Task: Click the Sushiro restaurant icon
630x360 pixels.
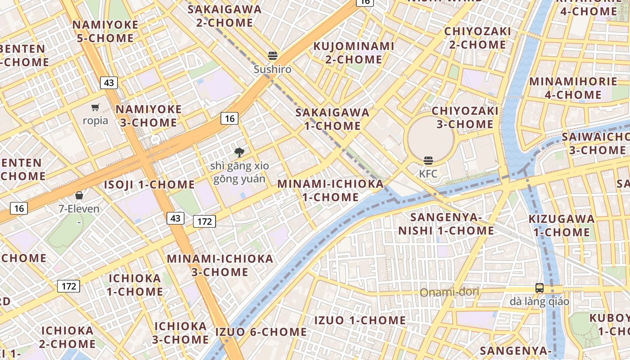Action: pyautogui.click(x=272, y=56)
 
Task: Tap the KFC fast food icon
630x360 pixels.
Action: pyautogui.click(x=428, y=160)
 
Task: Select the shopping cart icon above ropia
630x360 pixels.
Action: pyautogui.click(x=95, y=107)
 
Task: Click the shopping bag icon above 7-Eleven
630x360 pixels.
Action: pyautogui.click(x=79, y=195)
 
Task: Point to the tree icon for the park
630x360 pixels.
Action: pyautogui.click(x=239, y=152)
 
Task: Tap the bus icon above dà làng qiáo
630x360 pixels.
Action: pyautogui.click(x=539, y=288)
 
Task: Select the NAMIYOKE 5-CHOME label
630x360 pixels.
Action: pyautogui.click(x=105, y=31)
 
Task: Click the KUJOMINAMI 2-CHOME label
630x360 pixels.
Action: pyautogui.click(x=354, y=53)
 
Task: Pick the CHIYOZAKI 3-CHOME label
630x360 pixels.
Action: pyautogui.click(x=465, y=117)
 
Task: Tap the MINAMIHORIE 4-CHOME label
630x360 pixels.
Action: pyautogui.click(x=573, y=88)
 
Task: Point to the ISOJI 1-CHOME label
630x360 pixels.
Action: pyautogui.click(x=149, y=184)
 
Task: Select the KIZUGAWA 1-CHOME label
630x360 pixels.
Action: pyautogui.click(x=561, y=225)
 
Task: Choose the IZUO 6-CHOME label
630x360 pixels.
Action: pyautogui.click(x=261, y=332)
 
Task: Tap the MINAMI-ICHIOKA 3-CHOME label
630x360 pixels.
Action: pyautogui.click(x=220, y=265)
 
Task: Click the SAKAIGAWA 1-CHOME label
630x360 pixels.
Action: pyautogui.click(x=332, y=119)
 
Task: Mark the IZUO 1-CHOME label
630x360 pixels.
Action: pyautogui.click(x=360, y=320)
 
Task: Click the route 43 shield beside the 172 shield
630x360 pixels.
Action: pyautogui.click(x=175, y=218)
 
